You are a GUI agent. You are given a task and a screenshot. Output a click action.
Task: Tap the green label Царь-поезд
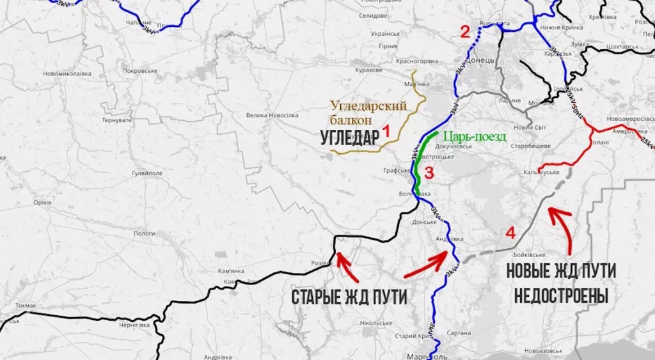[474, 136]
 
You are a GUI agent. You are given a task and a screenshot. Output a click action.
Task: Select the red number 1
[386, 130]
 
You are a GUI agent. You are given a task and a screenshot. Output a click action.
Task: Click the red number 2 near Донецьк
[465, 31]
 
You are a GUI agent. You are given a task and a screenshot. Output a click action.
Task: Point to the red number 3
[429, 172]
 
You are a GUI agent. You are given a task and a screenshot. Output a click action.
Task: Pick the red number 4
[510, 233]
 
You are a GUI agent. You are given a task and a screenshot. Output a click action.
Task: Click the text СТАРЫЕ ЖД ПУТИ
[349, 297]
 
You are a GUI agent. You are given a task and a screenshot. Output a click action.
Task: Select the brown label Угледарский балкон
[368, 112]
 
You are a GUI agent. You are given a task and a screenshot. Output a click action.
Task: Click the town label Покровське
[140, 71]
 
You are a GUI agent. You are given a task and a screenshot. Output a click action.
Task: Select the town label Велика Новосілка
[272, 115]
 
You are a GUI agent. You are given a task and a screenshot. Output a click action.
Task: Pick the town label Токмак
[26, 306]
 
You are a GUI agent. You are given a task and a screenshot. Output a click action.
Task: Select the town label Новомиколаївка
[67, 74]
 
